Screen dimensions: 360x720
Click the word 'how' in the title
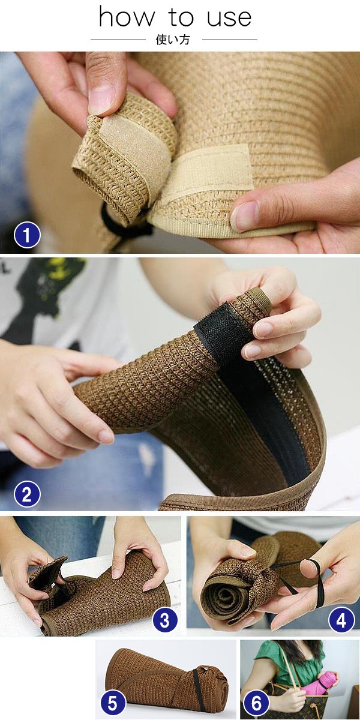click(x=127, y=17)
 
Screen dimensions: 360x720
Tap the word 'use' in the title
click(x=229, y=19)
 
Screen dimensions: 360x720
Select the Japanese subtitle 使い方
click(x=173, y=40)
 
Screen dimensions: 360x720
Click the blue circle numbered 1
click(x=28, y=235)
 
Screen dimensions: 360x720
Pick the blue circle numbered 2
click(x=28, y=494)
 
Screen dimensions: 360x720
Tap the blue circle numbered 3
click(x=164, y=619)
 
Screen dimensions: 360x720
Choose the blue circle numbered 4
click(x=341, y=619)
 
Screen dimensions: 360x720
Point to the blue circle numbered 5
click(x=113, y=704)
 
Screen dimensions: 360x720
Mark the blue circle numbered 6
click(x=256, y=704)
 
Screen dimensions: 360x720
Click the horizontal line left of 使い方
click(x=118, y=40)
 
